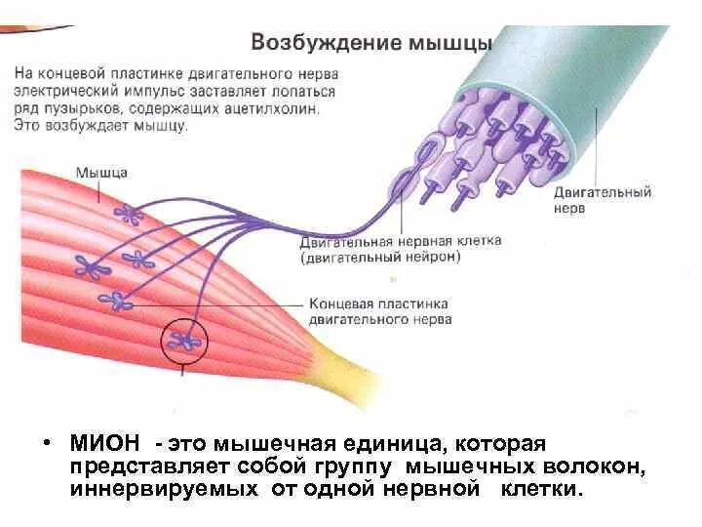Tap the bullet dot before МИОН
click(x=46, y=444)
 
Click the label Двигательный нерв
click(x=602, y=201)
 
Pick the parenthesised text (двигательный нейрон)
click(x=380, y=258)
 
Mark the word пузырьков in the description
click(x=78, y=109)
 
